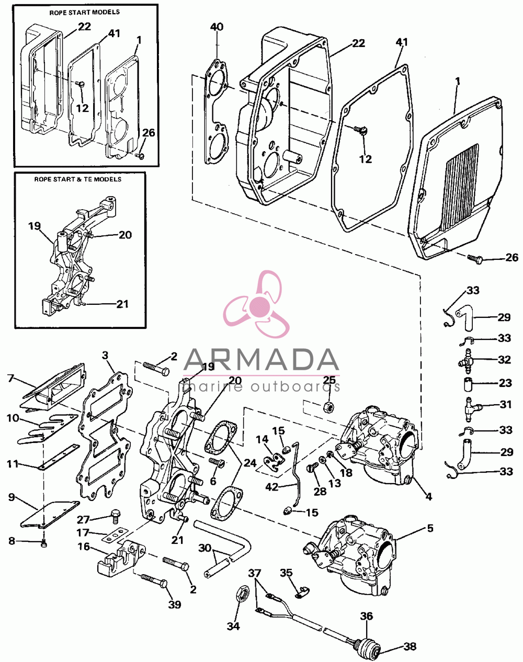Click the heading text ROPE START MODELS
84,13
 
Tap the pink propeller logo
256,304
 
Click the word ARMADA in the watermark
261,360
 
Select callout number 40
217,27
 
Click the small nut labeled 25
328,407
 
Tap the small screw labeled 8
44,544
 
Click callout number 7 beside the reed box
11,378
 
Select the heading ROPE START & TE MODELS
77,179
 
